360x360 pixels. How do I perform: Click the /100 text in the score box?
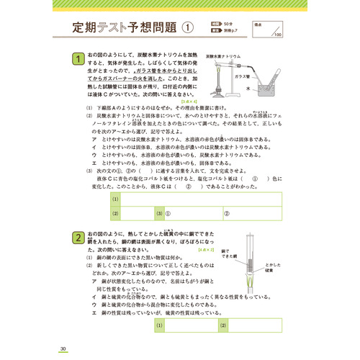click(x=277, y=35)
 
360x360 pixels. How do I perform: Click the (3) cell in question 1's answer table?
click(x=159, y=214)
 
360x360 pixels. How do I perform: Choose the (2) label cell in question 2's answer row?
click(x=224, y=325)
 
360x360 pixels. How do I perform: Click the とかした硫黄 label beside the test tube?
click(x=273, y=269)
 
